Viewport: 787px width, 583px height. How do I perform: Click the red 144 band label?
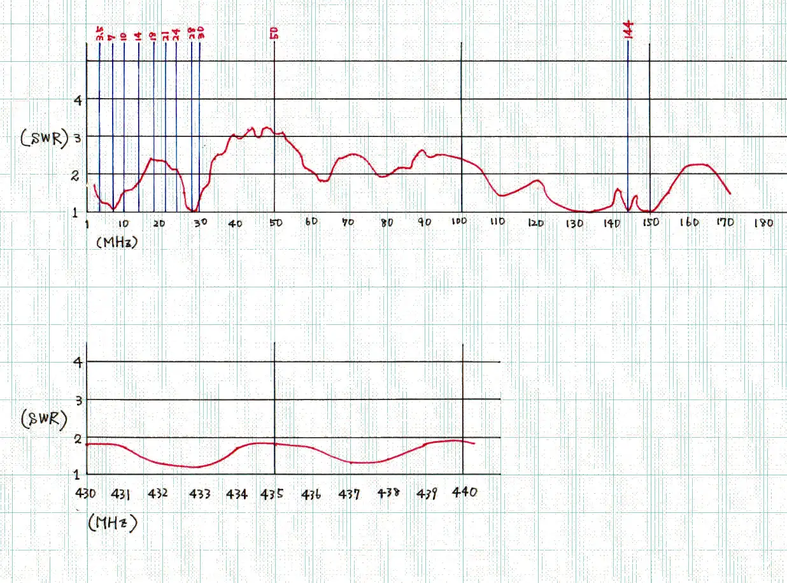(628, 30)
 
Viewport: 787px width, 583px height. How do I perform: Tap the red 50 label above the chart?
(274, 32)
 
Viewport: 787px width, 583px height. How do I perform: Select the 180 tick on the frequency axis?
(763, 223)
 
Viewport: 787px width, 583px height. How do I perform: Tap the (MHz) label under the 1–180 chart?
(118, 242)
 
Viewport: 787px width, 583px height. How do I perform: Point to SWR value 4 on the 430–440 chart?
(78, 361)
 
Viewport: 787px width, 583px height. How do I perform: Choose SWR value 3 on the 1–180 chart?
(77, 136)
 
